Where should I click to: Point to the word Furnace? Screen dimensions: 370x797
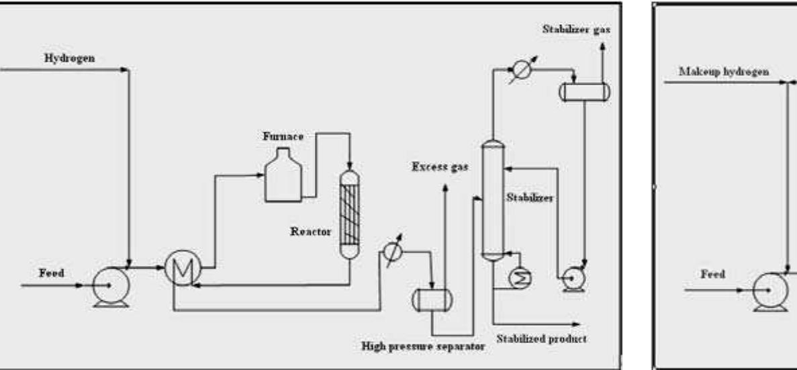283,136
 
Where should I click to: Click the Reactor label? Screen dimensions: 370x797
310,231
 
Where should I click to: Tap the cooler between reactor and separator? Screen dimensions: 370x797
391,252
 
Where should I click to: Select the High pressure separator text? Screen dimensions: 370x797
422,348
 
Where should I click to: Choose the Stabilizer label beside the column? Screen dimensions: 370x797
529,199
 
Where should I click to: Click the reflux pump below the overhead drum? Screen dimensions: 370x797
573,278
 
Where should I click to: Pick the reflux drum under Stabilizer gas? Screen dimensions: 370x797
584,92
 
